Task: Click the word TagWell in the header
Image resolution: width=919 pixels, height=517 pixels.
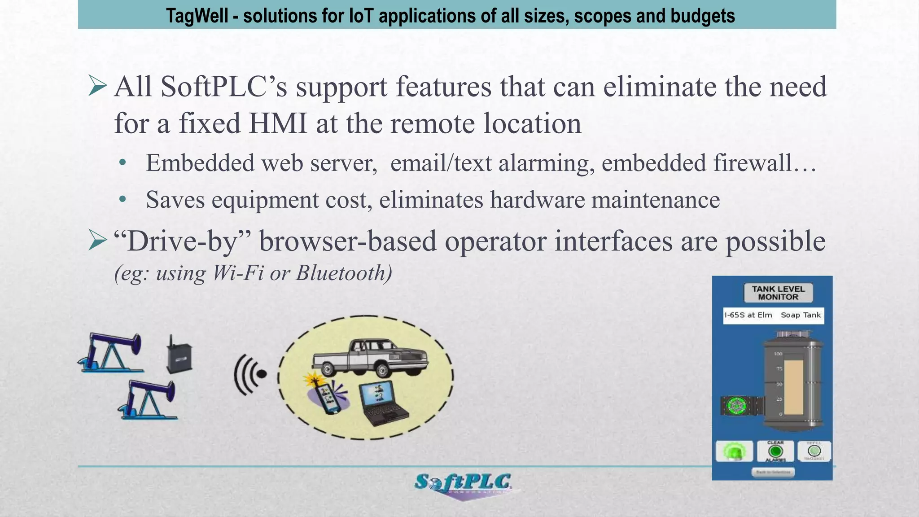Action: tap(197, 16)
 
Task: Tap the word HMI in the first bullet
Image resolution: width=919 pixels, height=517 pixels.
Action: tap(278, 123)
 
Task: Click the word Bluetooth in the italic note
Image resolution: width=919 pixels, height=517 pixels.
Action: tap(344, 273)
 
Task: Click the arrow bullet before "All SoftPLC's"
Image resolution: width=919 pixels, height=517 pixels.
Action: tap(97, 86)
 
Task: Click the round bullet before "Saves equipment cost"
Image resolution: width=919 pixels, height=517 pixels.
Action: tap(123, 199)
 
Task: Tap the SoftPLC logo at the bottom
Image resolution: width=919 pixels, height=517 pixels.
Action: tap(463, 484)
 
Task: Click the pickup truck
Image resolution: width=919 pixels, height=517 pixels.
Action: tap(370, 357)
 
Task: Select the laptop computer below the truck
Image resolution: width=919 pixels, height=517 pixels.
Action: tap(384, 403)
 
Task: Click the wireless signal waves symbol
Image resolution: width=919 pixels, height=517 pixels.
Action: tap(249, 374)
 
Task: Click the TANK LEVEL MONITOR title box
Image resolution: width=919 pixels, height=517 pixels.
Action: tap(778, 293)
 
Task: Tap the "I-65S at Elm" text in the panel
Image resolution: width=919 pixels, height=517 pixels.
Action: tap(748, 315)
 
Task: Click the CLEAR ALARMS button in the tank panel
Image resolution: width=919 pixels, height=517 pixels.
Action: tap(775, 451)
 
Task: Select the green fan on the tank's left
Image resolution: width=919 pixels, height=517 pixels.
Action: tap(736, 406)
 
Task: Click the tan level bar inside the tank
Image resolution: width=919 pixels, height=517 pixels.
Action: tap(793, 387)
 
